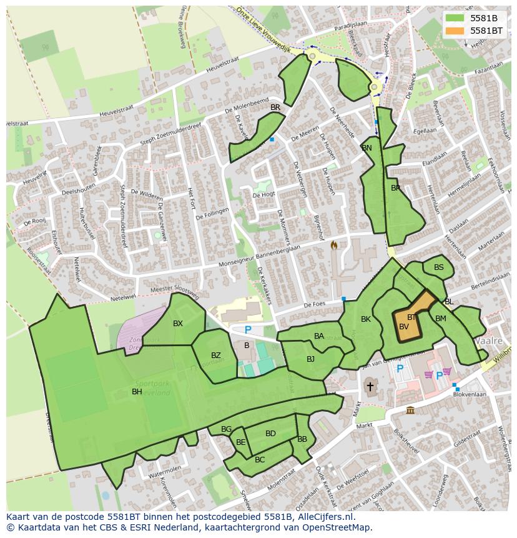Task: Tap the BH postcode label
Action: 137,392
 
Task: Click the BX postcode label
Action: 178,324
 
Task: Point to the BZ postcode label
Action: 215,356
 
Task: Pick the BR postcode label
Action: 275,107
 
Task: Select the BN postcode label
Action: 367,148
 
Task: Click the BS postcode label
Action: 439,267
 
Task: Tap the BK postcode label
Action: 366,319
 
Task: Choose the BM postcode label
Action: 441,319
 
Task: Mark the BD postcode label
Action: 270,434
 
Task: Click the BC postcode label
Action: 260,460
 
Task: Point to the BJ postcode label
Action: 310,359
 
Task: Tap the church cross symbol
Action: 370,387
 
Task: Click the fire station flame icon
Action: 335,246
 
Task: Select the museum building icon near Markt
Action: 410,410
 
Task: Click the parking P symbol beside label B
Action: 248,330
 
